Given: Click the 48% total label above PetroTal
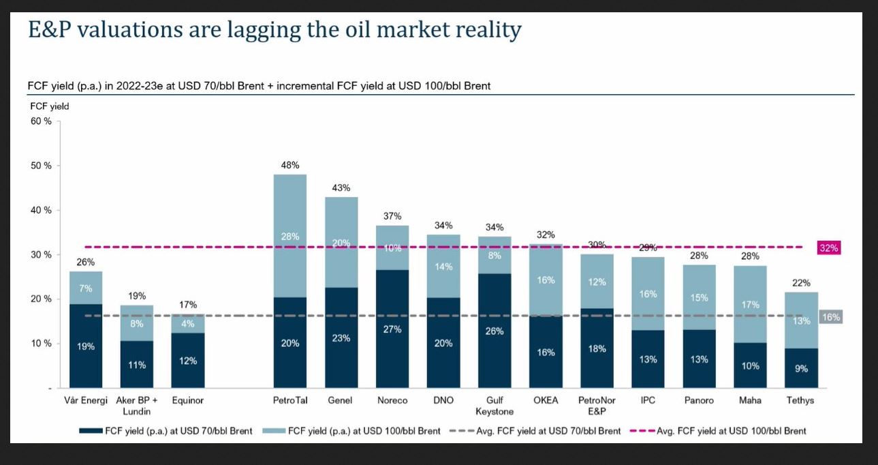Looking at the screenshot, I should point(290,165).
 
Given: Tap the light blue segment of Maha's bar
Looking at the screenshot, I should point(750,303).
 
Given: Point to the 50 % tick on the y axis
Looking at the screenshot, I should point(42,166).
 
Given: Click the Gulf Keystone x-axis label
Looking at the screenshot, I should point(495,406).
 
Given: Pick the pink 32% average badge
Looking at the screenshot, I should point(828,249).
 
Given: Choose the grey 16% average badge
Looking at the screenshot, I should point(830,317).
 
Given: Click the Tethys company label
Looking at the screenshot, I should point(800,400).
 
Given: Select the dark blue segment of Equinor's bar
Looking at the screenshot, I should point(188,360).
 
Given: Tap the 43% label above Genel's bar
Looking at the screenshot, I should point(341,187).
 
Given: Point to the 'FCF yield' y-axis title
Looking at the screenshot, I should point(50,106).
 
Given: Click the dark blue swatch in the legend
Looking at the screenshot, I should point(91,431).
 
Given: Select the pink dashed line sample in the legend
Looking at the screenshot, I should point(642,431).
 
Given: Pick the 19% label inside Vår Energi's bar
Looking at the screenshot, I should point(86,346).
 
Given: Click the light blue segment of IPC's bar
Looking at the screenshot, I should point(648,294).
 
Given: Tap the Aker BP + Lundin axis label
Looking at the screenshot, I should point(137,406).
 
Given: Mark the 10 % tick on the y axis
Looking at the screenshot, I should point(42,343).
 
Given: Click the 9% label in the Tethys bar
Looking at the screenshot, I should point(801,368).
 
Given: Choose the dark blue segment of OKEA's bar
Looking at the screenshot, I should point(546,352).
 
